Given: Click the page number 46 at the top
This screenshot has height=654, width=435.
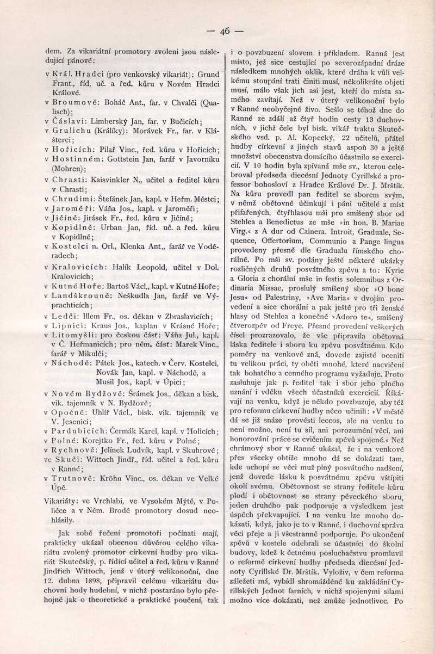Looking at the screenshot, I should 225,31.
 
